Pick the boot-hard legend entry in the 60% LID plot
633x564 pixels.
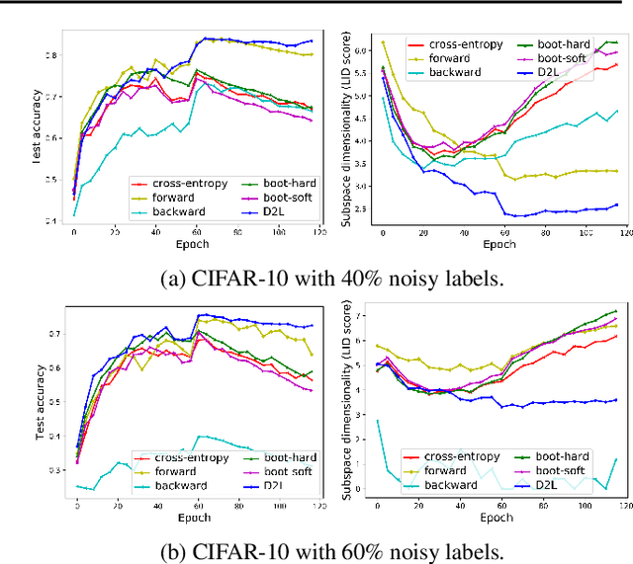(554, 456)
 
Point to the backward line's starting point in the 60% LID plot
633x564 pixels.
(377, 421)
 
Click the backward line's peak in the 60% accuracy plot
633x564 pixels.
(200, 436)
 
